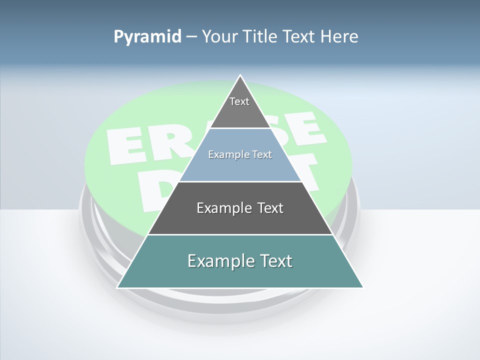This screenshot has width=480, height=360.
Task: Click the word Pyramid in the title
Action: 147,37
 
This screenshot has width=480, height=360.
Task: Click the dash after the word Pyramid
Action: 191,37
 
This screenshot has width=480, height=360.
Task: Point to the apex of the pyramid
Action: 240,76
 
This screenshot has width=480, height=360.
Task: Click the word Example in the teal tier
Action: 218,261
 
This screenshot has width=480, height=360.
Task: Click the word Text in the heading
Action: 299,37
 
